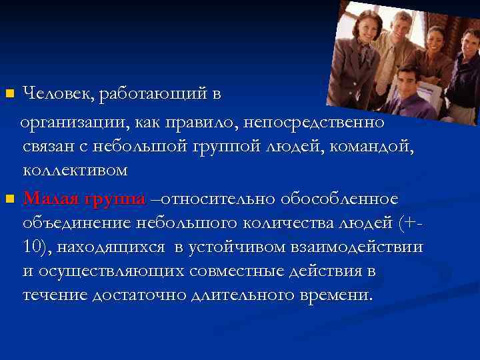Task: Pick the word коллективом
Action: tap(75, 171)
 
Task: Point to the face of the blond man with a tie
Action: tap(401, 26)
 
